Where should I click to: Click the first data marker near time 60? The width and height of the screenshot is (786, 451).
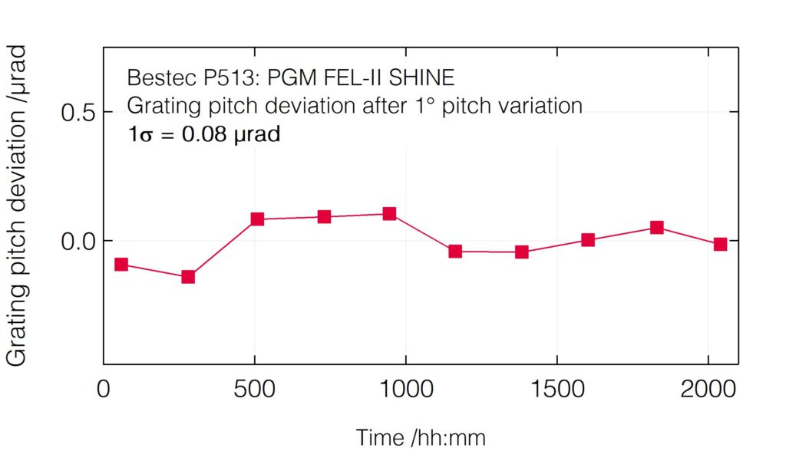(121, 265)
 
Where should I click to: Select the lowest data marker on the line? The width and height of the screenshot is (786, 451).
(188, 277)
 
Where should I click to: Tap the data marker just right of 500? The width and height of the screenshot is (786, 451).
(257, 219)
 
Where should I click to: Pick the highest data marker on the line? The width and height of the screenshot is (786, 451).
(390, 214)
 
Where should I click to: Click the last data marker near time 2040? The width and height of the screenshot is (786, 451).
(720, 245)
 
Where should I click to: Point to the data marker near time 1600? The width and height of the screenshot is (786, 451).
(588, 240)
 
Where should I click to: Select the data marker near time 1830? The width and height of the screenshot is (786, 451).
(657, 228)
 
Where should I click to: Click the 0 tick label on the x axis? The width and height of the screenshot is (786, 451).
(104, 389)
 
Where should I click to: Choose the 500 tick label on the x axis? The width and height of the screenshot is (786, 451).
(254, 389)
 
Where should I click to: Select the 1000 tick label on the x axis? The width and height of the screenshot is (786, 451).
(405, 389)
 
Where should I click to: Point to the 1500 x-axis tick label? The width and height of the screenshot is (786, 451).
(556, 389)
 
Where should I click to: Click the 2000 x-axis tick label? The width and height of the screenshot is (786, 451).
(706, 389)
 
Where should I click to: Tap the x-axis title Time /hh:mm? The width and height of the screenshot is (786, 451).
(421, 437)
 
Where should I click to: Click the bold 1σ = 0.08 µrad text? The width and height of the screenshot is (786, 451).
(203, 134)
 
